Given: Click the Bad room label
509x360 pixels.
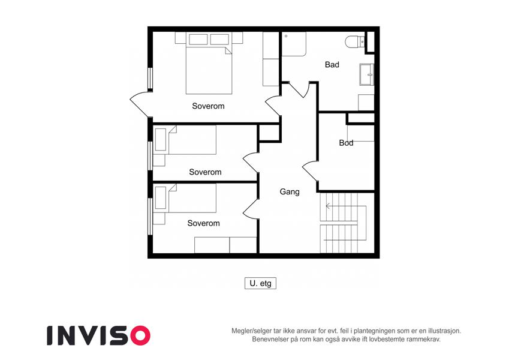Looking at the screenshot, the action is [332, 65].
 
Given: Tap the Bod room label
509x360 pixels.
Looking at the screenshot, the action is [346, 143].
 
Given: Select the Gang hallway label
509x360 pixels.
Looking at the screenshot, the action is [290, 191].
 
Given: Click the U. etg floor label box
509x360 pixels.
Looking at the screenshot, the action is [260, 283].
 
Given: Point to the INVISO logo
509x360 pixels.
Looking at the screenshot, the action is [99, 335].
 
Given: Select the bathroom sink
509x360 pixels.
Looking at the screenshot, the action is [366, 74].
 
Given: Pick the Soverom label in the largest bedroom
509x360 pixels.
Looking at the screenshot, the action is [208, 106].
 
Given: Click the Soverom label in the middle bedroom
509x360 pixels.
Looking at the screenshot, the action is [205, 172].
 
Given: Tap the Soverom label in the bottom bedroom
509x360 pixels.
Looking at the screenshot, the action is [203, 223].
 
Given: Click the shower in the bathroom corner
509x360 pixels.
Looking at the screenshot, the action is [294, 44].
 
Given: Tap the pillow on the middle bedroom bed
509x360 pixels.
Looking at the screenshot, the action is [160, 140].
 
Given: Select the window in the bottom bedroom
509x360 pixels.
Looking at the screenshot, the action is [150, 216].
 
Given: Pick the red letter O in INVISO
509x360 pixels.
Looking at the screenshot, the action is [140, 335].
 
